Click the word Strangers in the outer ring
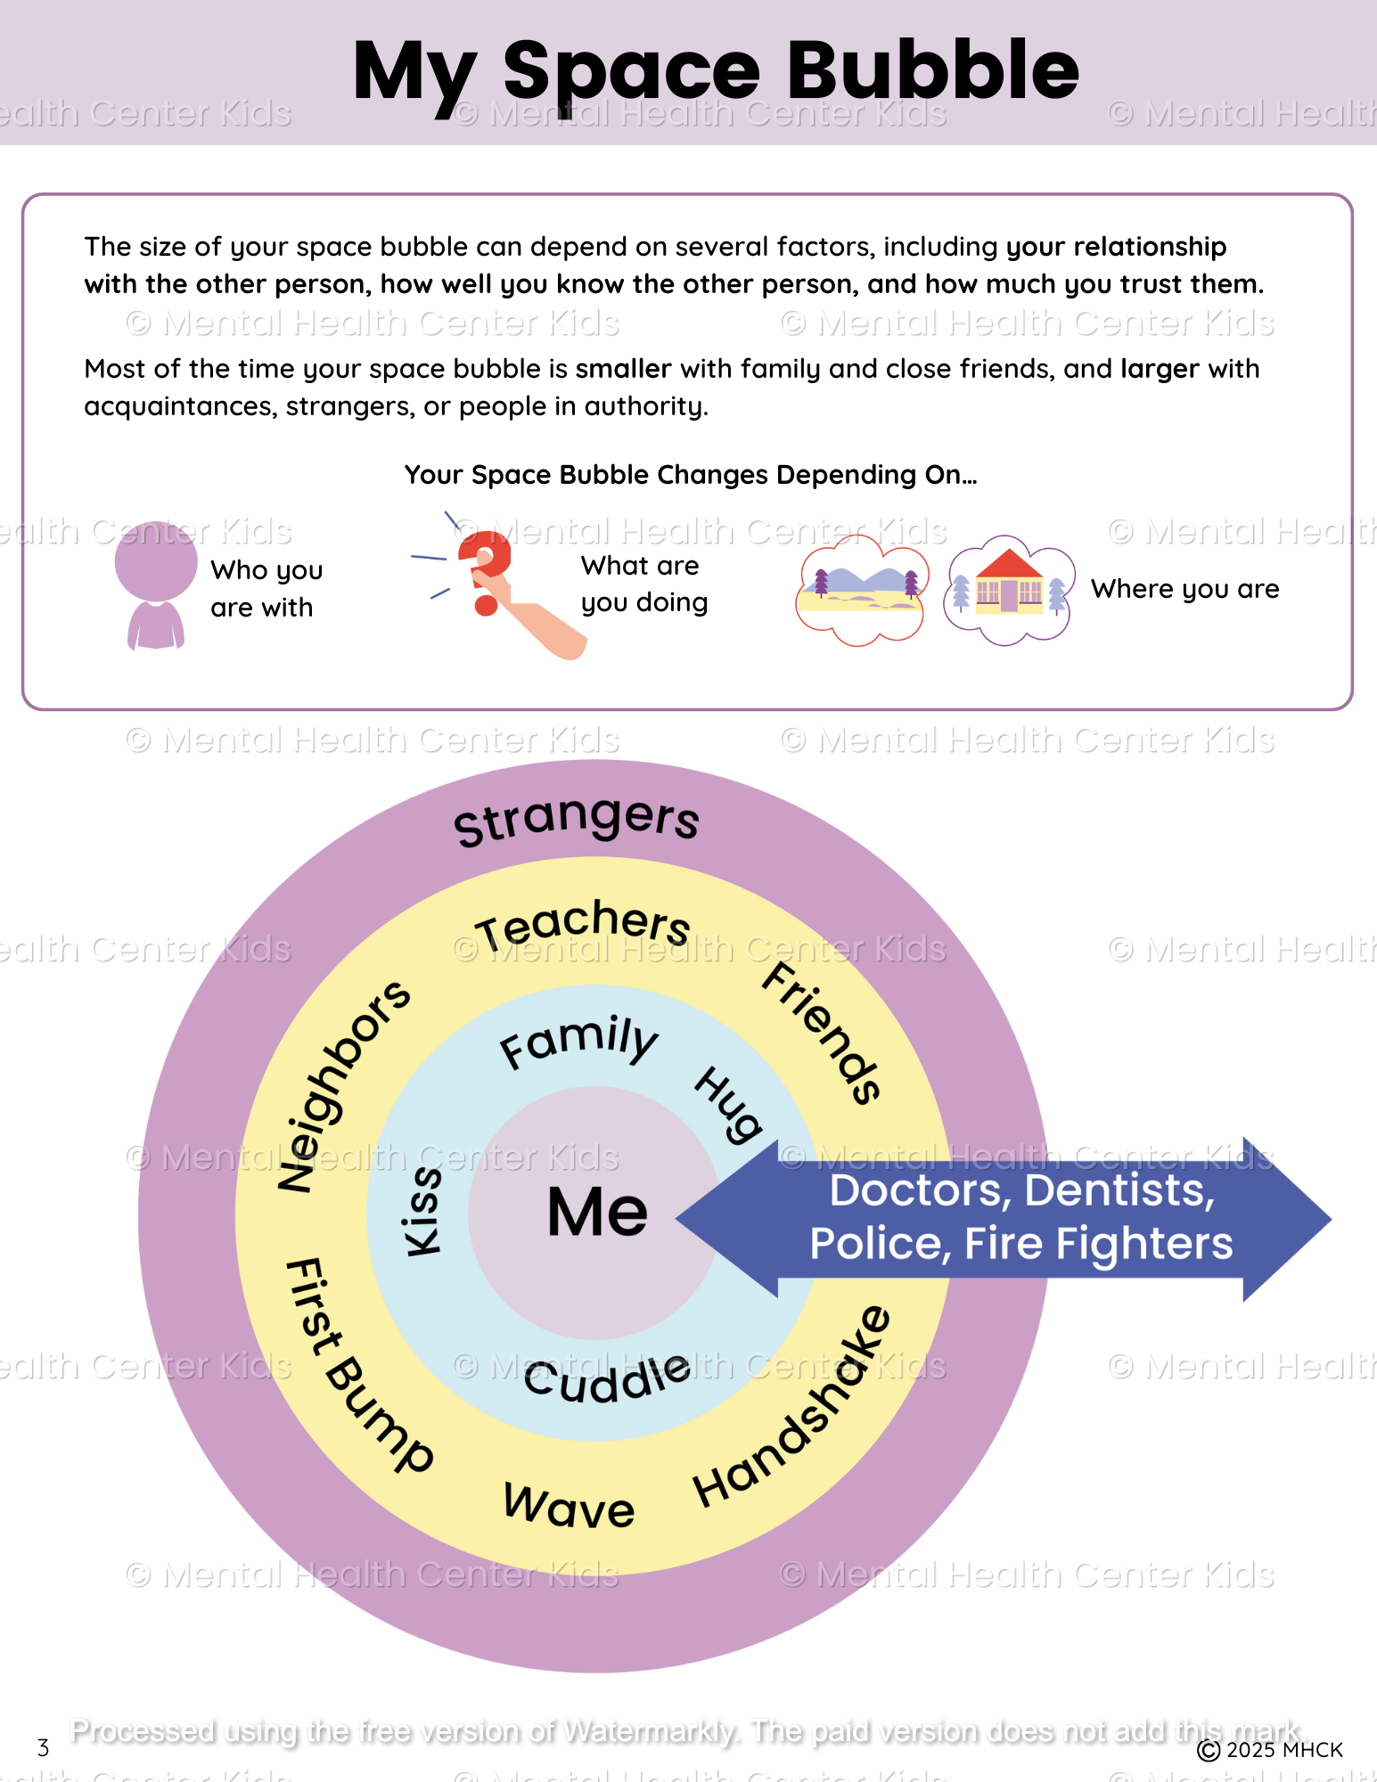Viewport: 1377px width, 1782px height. click(x=577, y=820)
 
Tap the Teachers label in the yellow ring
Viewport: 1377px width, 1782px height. click(x=583, y=923)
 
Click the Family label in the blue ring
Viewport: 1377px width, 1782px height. click(x=578, y=1041)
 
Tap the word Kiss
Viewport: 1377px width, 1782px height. click(x=422, y=1212)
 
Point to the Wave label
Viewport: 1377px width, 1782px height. click(x=569, y=1506)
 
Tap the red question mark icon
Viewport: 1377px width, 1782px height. click(x=486, y=570)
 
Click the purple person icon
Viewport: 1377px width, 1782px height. click(x=156, y=584)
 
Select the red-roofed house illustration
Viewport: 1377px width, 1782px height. click(x=1009, y=588)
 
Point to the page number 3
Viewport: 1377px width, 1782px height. click(x=43, y=1748)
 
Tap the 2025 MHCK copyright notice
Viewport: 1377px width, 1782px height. click(x=1270, y=1750)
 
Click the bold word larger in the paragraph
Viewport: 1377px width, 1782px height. click(x=1159, y=369)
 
